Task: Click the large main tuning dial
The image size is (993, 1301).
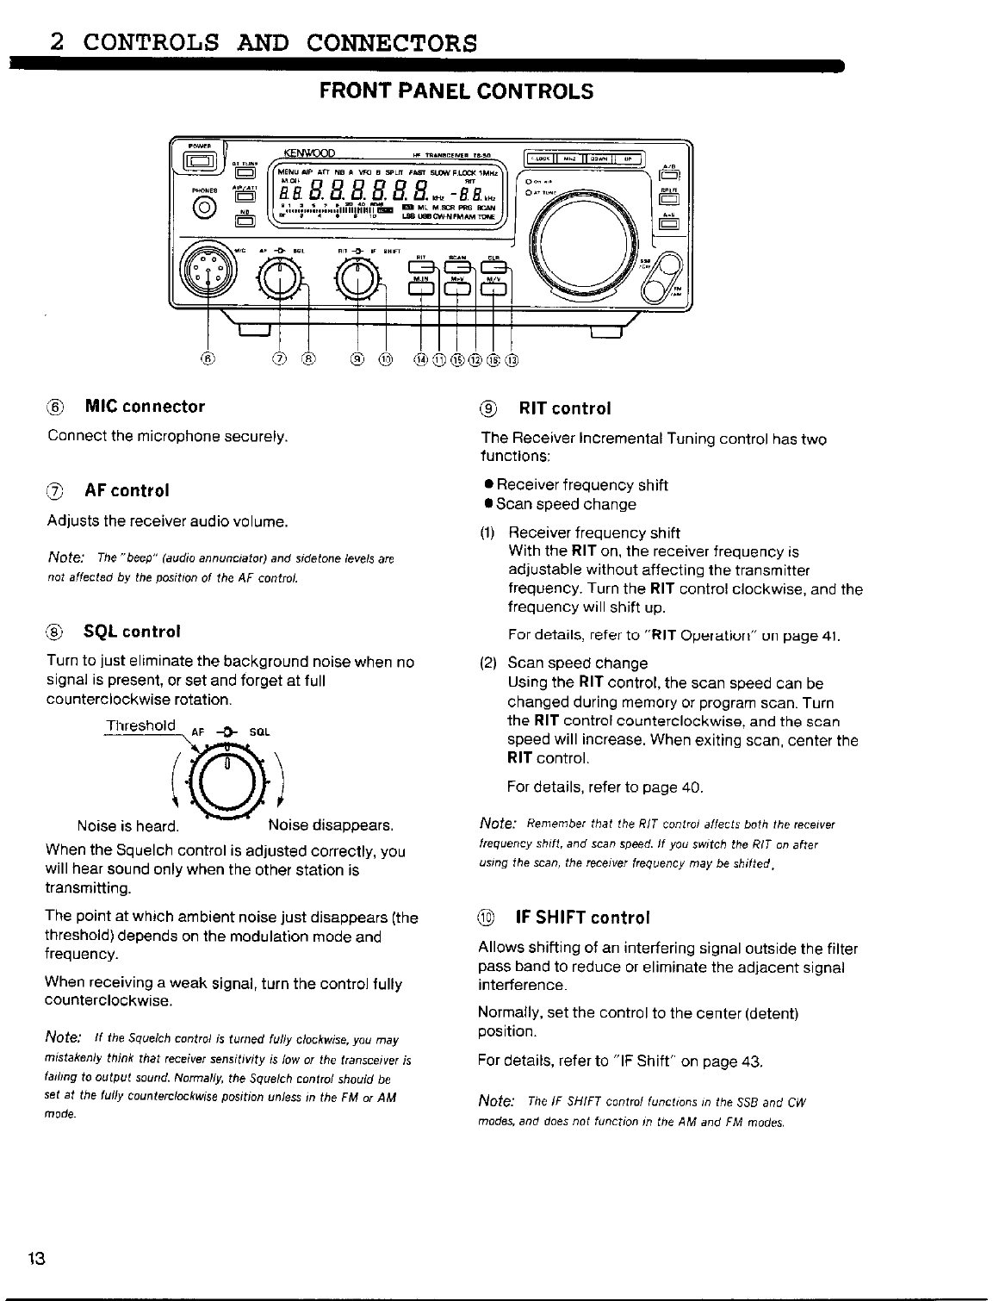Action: (592, 244)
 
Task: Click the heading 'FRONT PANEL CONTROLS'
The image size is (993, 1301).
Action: (456, 91)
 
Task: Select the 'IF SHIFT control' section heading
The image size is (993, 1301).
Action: (581, 917)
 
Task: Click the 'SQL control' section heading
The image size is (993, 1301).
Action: (132, 631)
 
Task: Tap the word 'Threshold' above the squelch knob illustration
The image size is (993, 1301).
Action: (140, 725)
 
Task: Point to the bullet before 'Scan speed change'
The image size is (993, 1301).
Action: (487, 504)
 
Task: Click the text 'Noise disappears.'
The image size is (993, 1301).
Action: (331, 825)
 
